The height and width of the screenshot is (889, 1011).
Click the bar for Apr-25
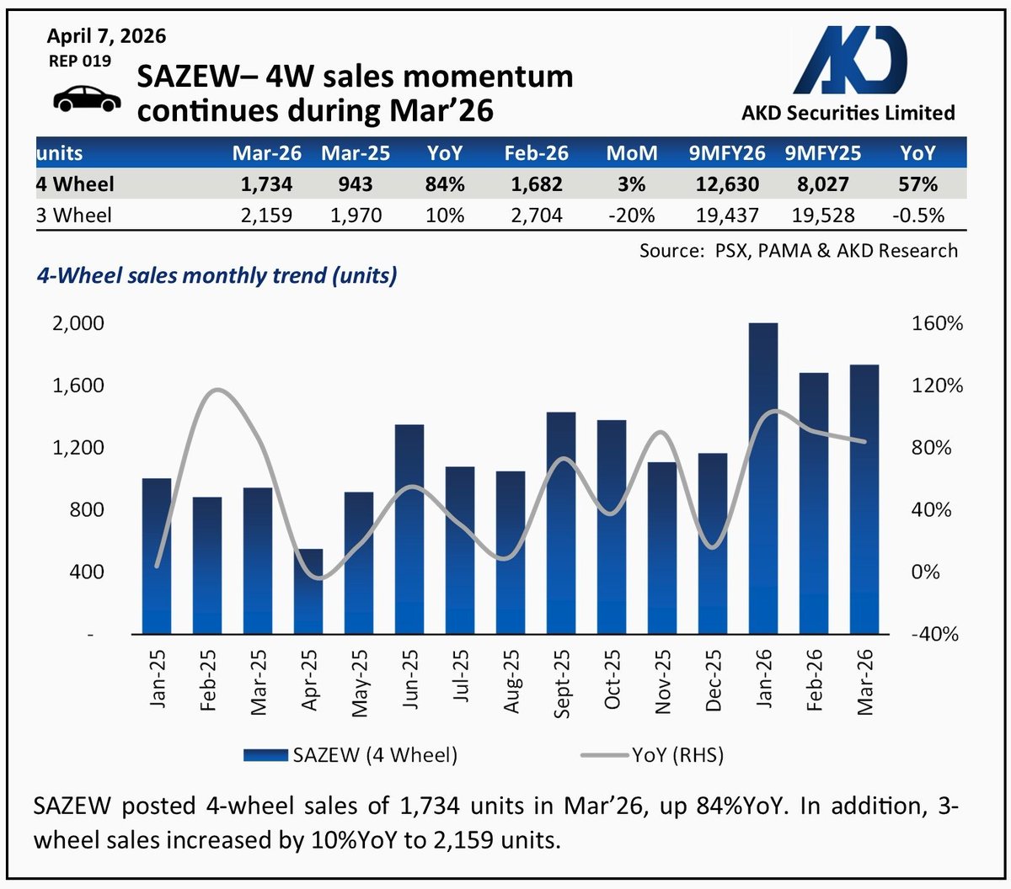point(308,591)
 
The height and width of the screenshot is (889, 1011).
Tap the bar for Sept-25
point(561,523)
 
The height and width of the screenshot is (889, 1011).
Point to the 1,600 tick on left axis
point(78,386)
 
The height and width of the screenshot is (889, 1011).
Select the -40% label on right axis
point(935,634)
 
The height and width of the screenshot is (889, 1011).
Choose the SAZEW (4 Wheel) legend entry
point(351,755)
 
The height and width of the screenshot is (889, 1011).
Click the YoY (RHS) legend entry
point(653,755)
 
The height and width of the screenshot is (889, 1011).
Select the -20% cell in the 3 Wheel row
point(632,216)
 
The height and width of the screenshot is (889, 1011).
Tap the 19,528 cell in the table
point(822,216)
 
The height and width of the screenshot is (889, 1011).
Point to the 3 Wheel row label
point(74,216)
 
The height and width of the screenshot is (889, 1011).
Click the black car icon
point(87,98)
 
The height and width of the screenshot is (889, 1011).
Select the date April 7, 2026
point(107,36)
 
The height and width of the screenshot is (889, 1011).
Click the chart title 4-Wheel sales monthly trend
point(217,275)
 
